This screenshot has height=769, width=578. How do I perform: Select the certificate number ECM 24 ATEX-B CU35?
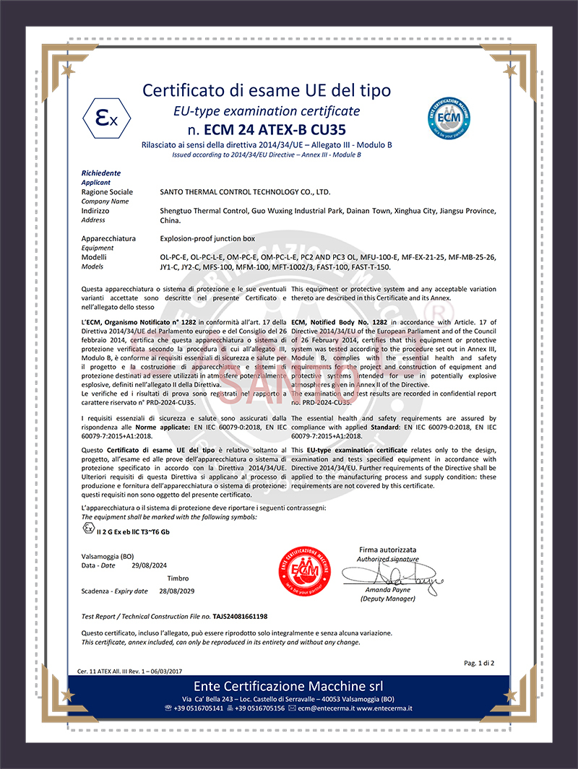(x=276, y=131)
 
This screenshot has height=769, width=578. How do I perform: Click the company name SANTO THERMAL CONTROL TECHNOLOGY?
(x=244, y=192)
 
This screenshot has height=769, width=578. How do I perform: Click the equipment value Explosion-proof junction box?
(x=207, y=238)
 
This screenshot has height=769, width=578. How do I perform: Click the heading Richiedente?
(x=101, y=173)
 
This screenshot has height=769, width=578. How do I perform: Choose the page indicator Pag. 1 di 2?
(x=478, y=662)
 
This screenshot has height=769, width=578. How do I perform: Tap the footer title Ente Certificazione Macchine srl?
(x=288, y=685)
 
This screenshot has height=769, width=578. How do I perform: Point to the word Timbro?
(x=178, y=578)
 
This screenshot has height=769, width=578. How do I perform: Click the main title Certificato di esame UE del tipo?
(x=267, y=90)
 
